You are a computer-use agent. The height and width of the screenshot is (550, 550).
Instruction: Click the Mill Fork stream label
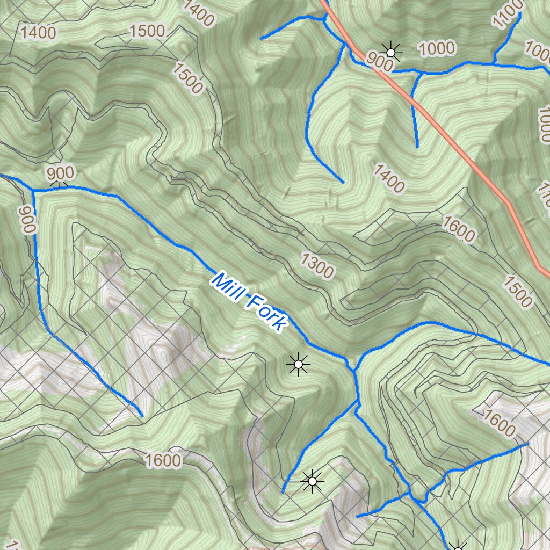point(249,302)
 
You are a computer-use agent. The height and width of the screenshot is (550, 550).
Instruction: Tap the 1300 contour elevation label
point(317,265)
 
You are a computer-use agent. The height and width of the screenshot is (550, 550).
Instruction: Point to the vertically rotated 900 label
point(27,219)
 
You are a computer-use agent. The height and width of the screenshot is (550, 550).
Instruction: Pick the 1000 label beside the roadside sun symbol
point(436,49)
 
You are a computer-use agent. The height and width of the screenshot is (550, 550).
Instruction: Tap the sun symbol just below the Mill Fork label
point(298,365)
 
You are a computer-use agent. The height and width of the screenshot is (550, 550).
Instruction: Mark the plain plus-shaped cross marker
point(406,129)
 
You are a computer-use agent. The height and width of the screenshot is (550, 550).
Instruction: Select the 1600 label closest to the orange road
point(459,228)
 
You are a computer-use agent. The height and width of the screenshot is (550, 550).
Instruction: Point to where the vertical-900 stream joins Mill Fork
point(33,190)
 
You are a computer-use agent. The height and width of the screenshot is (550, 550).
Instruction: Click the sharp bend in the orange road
point(506,201)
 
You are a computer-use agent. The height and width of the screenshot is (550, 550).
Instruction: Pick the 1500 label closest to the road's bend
point(518,293)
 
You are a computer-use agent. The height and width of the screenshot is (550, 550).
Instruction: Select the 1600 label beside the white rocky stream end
point(500,423)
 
